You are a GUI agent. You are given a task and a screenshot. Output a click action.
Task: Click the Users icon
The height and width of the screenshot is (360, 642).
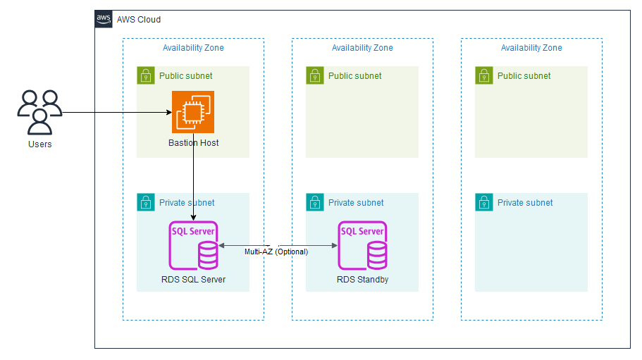39,112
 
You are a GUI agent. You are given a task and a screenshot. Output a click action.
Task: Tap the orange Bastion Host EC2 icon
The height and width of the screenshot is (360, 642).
193,111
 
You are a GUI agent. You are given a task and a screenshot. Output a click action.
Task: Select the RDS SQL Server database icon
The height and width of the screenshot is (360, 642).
193,246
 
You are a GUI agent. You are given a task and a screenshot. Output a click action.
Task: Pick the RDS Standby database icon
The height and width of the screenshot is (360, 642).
362,246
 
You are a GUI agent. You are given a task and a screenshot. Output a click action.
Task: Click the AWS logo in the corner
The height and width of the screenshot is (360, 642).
104,19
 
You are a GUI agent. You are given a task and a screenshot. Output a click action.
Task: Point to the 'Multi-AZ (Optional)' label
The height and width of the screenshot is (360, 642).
276,252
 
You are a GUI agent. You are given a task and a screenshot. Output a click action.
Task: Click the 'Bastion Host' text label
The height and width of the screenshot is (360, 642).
193,143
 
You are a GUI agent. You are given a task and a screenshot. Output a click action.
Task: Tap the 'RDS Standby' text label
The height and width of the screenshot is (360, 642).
362,280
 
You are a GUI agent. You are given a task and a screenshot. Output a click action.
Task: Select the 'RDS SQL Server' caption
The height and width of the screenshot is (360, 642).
193,280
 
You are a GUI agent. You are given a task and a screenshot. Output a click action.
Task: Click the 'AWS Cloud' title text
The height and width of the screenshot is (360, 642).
139,20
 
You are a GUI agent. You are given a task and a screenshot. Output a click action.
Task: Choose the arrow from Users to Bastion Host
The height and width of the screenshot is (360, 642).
116,112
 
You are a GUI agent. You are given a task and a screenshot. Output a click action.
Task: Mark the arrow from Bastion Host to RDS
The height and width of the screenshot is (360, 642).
193,183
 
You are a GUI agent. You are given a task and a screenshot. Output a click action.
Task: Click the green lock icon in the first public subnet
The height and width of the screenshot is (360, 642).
145,75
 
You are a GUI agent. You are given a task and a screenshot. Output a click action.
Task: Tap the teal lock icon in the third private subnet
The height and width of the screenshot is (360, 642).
483,202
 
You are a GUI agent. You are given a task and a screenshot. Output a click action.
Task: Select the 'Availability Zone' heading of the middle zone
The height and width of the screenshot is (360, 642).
362,48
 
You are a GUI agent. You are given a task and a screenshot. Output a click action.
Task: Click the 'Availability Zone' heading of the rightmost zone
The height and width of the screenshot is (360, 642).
531,48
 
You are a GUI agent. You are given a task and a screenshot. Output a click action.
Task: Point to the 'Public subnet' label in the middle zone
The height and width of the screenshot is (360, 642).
354,76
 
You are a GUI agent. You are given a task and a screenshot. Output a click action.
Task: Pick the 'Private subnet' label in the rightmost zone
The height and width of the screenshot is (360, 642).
525,203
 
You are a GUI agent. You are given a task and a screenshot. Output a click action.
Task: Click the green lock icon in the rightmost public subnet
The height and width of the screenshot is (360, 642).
483,75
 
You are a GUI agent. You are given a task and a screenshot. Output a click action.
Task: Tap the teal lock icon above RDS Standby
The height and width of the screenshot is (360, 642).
314,202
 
